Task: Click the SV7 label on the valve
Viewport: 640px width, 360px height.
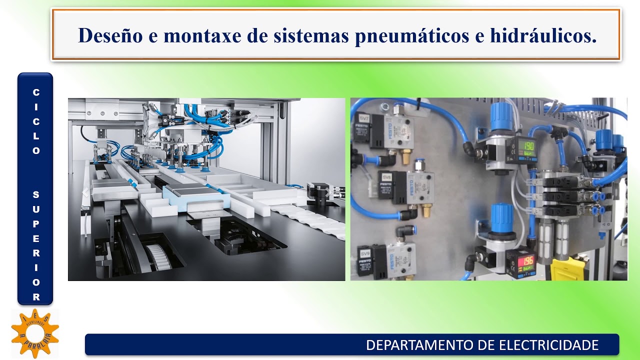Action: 363,118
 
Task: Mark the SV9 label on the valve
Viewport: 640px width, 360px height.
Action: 364,253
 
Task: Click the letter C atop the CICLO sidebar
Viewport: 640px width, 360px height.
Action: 36,92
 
